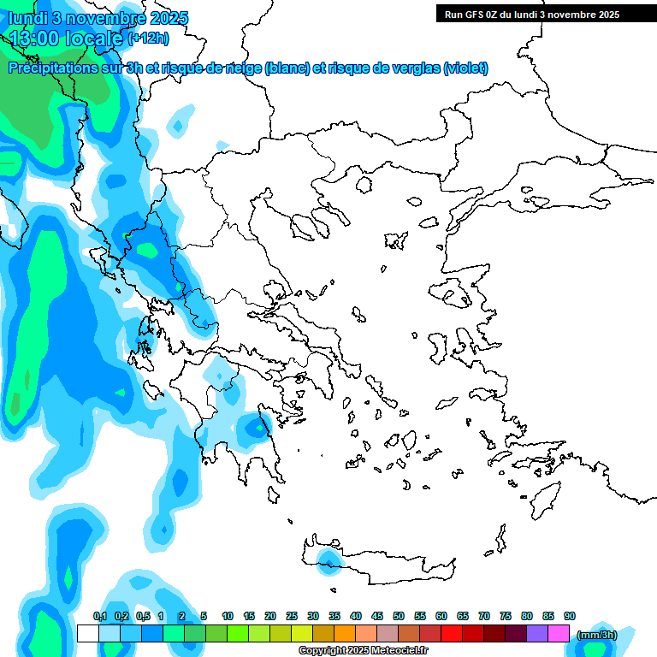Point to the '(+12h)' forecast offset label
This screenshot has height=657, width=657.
pos(148,38)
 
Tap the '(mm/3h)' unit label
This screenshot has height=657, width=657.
pos(596,634)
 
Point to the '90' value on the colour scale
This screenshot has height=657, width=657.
pos(570,616)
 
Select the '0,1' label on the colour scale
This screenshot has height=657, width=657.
pos(99,616)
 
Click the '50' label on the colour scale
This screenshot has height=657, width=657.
pos(399,616)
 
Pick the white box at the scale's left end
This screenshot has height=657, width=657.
pos(87,633)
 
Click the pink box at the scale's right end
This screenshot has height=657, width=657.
pos(559,633)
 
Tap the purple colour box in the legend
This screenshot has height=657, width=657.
pos(537,633)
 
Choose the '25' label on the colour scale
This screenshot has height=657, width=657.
pos(292,616)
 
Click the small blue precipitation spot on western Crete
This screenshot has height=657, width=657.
pos(326,560)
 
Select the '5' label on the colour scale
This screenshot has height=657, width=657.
pos(204,616)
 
